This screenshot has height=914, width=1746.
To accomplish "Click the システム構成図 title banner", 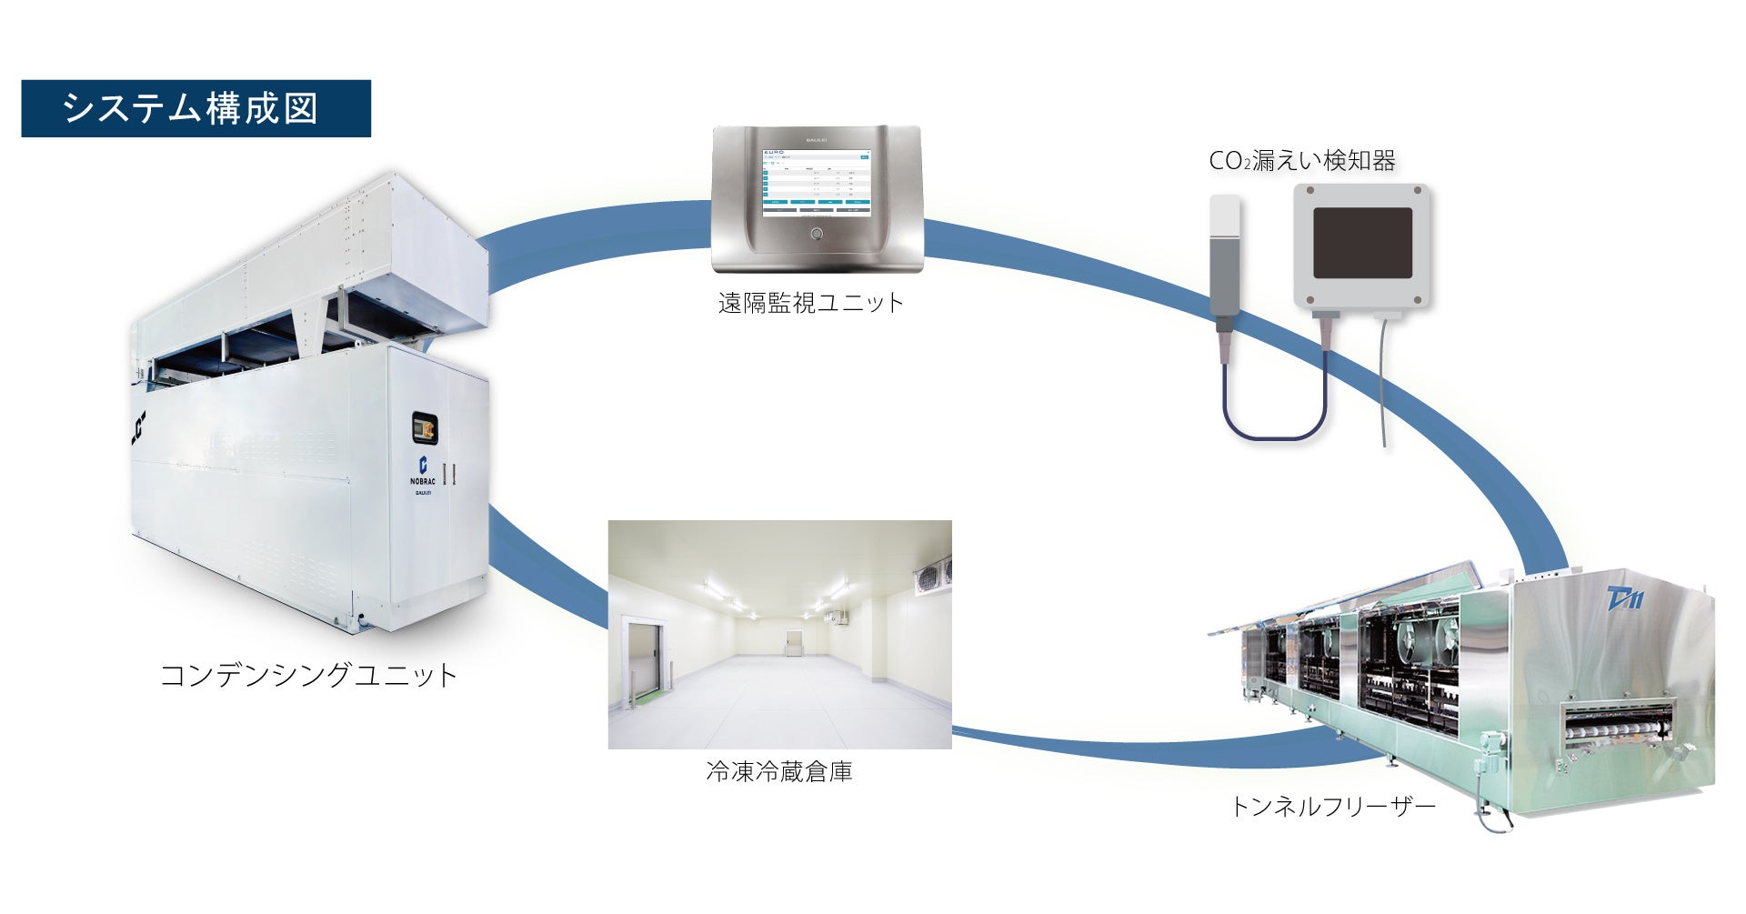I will pos(196,108).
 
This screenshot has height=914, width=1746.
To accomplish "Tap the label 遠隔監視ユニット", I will pos(811,303).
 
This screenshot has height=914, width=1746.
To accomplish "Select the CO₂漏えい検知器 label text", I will pos(1301,161).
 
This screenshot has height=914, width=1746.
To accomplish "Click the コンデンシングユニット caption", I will pos(308,675).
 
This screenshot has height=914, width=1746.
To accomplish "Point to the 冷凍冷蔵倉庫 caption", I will pos(779,772).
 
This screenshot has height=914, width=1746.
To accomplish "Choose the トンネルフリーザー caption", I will pos(1332,806).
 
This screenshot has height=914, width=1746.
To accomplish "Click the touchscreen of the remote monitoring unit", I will pos(816,182).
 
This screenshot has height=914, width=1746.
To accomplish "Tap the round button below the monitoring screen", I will pos(816,235).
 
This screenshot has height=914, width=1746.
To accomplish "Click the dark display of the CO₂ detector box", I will pos(1362,243).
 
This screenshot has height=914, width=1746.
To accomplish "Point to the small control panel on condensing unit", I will pos(424,427).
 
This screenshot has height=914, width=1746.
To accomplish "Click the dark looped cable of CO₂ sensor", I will pos(1273,427).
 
